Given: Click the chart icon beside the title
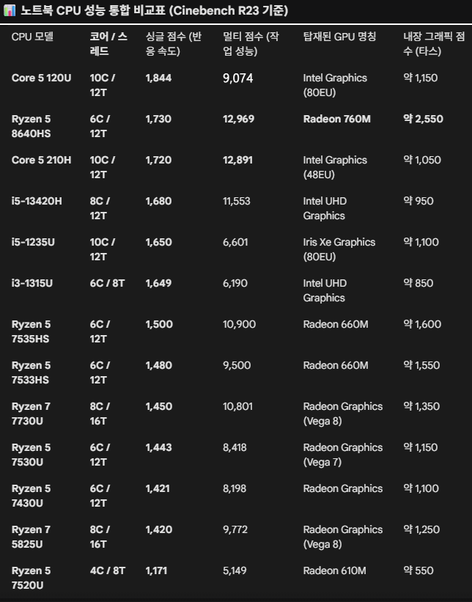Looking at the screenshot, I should click(x=10, y=10).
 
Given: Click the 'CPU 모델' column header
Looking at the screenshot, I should click(x=33, y=37).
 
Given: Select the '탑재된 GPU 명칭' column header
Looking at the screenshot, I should click(x=339, y=37).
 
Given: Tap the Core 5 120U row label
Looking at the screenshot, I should click(x=42, y=78).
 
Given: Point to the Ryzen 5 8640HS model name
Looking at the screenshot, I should click(x=32, y=126).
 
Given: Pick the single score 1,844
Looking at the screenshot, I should click(x=159, y=78).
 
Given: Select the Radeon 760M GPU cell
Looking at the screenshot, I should click(x=336, y=119).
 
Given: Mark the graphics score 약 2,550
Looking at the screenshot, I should click(x=423, y=119).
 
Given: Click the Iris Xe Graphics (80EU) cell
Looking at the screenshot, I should click(x=339, y=249).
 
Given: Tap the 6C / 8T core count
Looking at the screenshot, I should click(x=107, y=283).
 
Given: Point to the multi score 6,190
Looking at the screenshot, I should click(x=235, y=283).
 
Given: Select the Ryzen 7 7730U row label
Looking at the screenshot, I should click(x=32, y=414).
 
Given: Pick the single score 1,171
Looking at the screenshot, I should click(x=158, y=570).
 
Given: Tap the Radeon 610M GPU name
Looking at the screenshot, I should click(x=334, y=570).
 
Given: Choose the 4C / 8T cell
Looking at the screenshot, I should click(x=107, y=570).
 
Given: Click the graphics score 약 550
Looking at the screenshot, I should click(x=418, y=570).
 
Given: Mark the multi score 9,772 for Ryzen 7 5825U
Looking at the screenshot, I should click(x=236, y=529).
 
